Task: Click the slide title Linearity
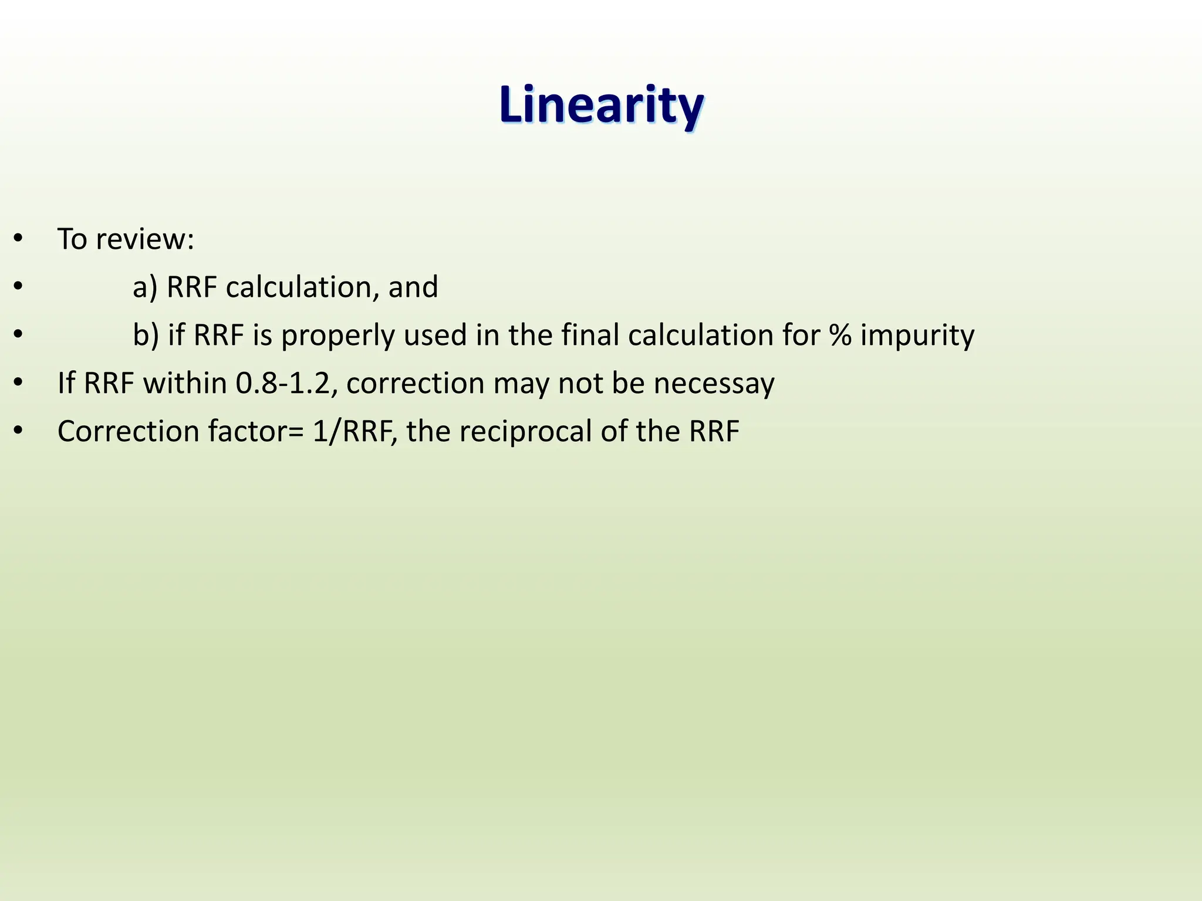601,106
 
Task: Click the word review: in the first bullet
145,239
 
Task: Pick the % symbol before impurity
840,336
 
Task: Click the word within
185,384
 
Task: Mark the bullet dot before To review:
18,239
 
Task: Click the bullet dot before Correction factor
18,432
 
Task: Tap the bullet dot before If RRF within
18,384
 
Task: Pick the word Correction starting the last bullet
128,432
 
